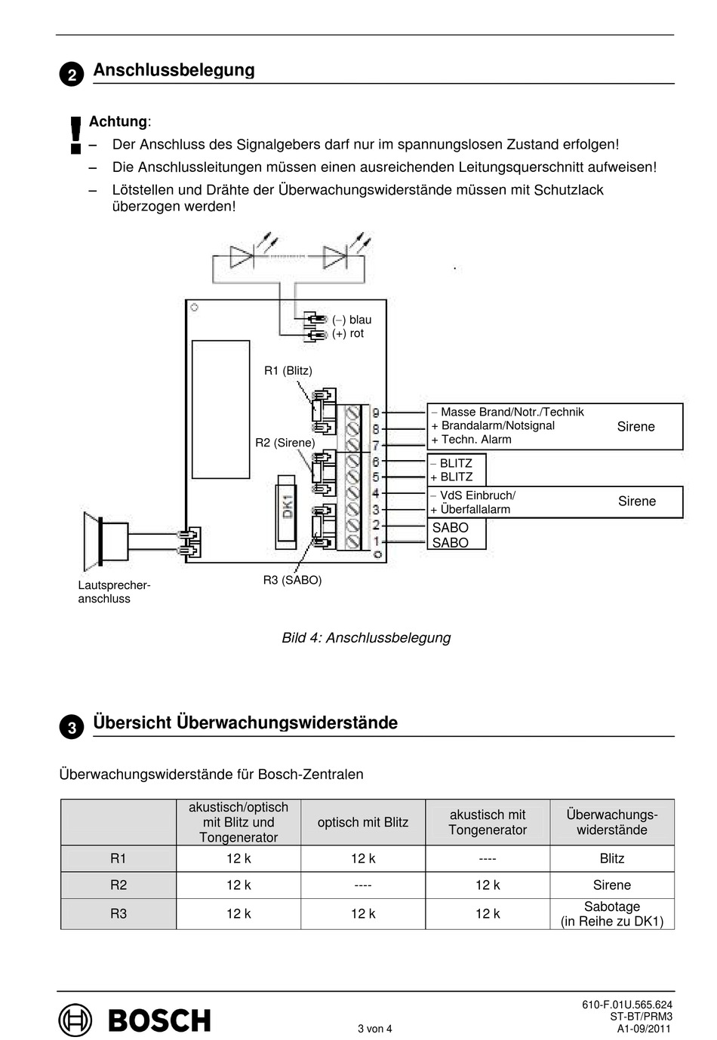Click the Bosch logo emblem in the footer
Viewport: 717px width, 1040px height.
(x=75, y=1020)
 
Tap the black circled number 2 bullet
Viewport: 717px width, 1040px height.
(x=72, y=75)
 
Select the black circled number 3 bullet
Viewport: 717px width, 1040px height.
(x=72, y=728)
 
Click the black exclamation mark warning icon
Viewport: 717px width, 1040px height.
(x=75, y=135)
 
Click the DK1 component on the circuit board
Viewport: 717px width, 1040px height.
(x=286, y=510)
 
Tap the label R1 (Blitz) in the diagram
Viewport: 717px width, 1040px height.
(x=288, y=370)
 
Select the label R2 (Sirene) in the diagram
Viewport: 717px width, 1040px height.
(x=285, y=443)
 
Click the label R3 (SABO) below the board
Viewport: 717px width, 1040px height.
(x=292, y=580)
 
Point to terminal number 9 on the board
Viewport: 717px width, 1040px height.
(x=375, y=413)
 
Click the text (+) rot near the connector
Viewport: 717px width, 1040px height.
(x=348, y=333)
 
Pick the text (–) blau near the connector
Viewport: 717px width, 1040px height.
(x=352, y=320)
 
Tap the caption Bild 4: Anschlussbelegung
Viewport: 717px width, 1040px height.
(x=366, y=637)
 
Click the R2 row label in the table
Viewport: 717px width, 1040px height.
(x=118, y=885)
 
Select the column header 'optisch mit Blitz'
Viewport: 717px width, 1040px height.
(x=363, y=822)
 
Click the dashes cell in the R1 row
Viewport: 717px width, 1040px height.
(x=488, y=858)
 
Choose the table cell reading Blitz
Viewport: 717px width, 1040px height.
(x=611, y=858)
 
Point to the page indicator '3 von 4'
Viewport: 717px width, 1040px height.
(x=375, y=1028)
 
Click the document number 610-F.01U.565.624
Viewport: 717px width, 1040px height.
(x=626, y=1005)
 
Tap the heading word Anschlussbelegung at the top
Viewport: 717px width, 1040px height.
(x=174, y=70)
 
